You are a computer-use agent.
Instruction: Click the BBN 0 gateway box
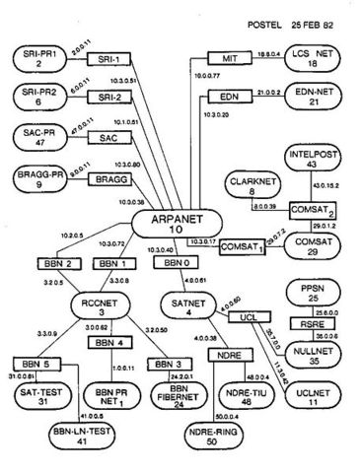pyautogui.click(x=175, y=264)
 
